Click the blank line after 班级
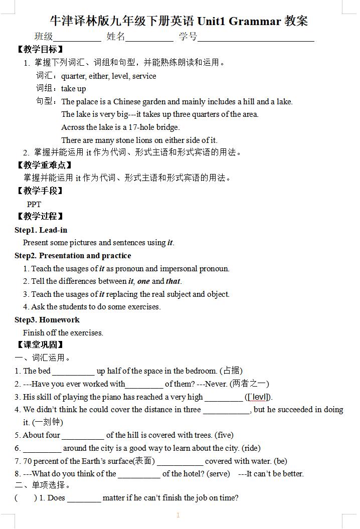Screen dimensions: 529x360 tap(77, 38)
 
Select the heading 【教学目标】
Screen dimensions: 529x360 tap(40, 50)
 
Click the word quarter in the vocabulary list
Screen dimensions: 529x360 tap(74, 76)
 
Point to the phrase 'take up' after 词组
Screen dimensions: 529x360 tap(74, 89)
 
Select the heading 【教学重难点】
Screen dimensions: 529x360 tap(44, 165)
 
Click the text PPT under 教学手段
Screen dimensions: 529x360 tap(34, 204)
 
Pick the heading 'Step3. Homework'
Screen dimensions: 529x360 tap(47, 320)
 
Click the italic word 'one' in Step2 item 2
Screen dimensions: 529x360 tap(143, 281)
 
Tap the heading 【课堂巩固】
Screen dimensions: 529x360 tap(40, 345)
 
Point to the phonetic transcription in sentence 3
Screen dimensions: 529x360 tap(258, 397)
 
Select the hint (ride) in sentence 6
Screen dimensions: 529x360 tap(251, 448)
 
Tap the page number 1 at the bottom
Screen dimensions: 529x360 tap(178, 515)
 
